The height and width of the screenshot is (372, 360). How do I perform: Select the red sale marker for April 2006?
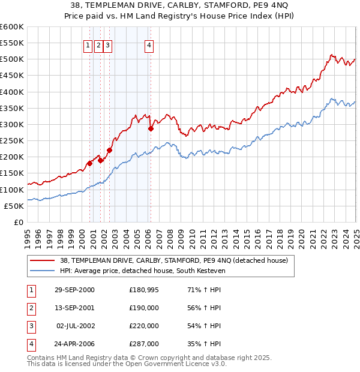click(x=151, y=128)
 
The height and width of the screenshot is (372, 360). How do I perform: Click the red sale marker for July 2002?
click(x=109, y=151)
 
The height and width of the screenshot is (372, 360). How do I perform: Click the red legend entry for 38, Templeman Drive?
click(x=174, y=260)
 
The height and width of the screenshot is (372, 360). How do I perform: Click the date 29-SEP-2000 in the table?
click(x=74, y=290)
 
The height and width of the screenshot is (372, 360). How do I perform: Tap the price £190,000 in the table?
click(x=143, y=308)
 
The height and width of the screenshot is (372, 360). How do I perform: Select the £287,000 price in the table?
click(x=143, y=344)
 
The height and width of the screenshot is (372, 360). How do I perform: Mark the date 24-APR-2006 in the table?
click(x=74, y=344)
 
